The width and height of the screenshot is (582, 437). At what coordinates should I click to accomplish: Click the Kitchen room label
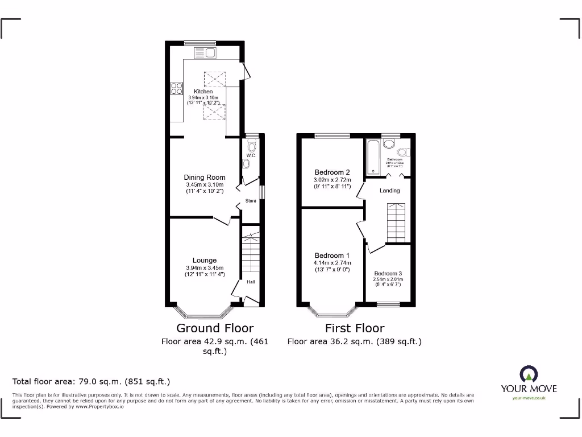tap(203, 92)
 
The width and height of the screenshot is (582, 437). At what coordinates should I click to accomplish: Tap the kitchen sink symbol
tap(205, 53)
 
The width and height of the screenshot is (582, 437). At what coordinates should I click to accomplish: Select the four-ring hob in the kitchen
tap(176, 89)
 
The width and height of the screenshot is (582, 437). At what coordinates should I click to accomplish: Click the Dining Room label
tap(205, 178)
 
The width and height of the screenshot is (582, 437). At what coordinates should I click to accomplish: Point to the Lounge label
tap(205, 261)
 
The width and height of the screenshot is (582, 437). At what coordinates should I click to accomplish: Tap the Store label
tap(251, 201)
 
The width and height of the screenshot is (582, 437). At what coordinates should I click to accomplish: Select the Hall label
tap(251, 282)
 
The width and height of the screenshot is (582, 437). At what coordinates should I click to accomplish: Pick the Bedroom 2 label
tap(332, 172)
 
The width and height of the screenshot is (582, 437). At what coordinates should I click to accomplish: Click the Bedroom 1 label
tap(332, 255)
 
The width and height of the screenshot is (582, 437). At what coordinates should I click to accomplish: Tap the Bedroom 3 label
tap(388, 273)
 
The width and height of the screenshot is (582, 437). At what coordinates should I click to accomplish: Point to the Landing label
tap(389, 191)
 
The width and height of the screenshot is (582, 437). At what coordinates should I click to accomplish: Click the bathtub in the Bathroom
tap(373, 156)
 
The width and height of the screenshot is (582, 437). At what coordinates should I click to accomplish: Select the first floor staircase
tap(398, 222)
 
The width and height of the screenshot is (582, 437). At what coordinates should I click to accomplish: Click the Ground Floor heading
tap(215, 328)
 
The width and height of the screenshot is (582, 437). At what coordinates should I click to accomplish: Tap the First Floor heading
tap(355, 328)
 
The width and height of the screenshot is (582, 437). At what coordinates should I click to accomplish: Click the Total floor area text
tap(91, 381)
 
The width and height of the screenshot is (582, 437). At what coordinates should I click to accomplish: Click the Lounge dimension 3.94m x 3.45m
tap(205, 268)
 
